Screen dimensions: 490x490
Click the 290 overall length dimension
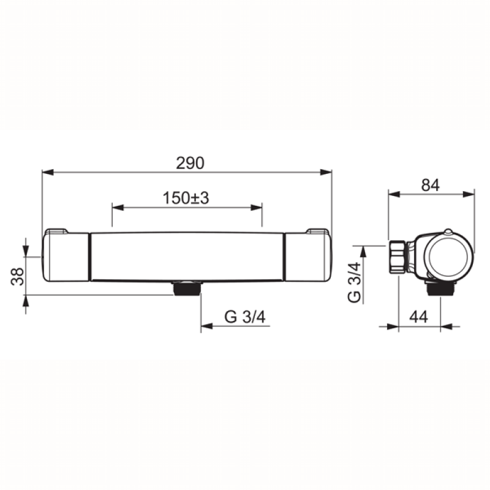(x=190, y=163)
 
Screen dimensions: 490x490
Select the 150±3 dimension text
(x=186, y=198)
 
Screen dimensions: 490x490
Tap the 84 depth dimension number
(x=431, y=185)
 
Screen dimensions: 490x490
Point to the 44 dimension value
(x=419, y=317)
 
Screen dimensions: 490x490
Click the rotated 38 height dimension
(x=18, y=276)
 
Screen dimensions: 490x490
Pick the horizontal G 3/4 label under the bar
(x=245, y=317)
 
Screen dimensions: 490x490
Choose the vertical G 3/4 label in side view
(x=354, y=282)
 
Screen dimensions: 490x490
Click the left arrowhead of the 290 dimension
(x=48, y=172)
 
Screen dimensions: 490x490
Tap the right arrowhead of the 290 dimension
(x=326, y=172)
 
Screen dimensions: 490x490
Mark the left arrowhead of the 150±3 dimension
(x=118, y=208)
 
